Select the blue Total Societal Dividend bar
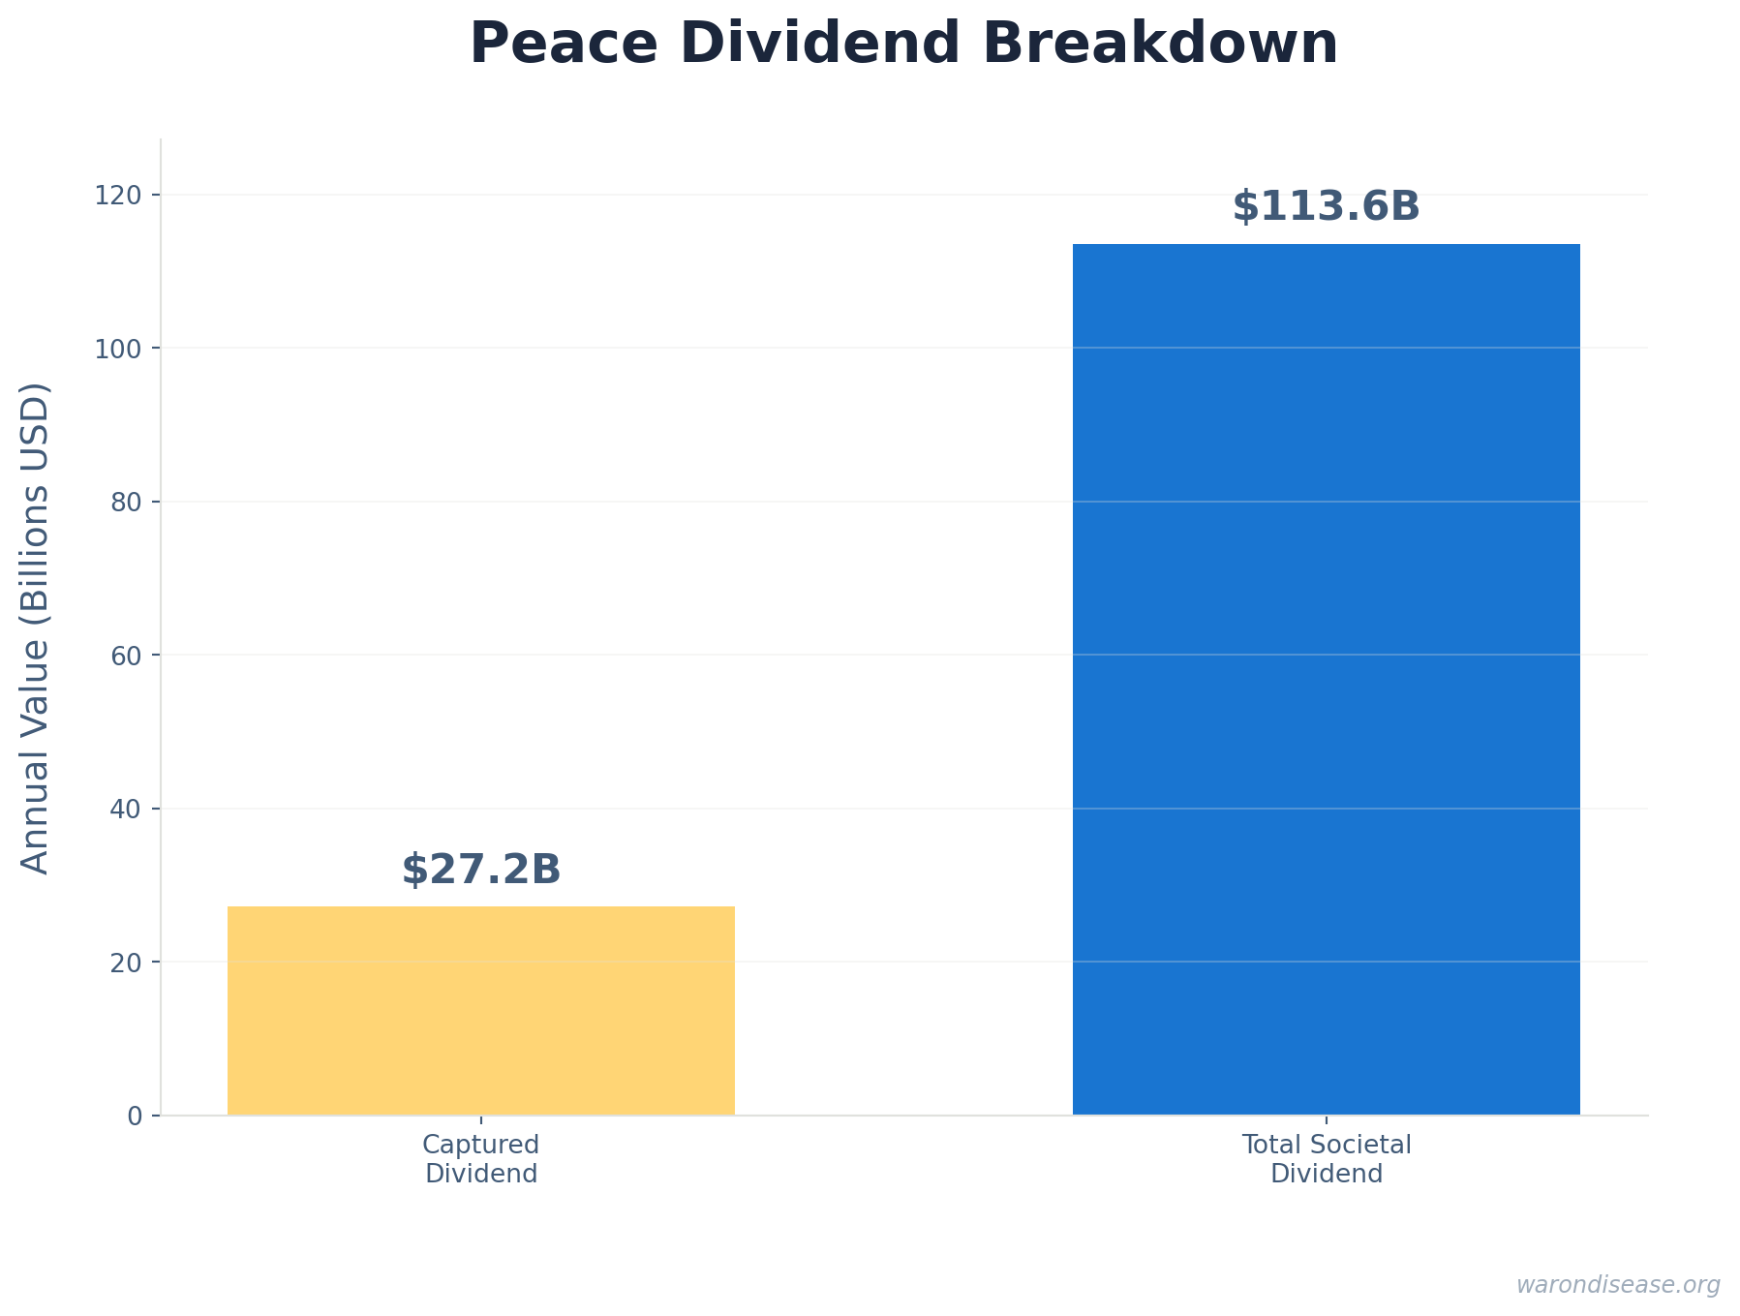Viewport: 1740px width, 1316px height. point(1326,679)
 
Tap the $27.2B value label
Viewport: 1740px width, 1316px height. point(481,870)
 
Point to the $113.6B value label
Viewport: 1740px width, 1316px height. point(1326,207)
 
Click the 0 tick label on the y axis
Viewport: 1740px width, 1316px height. point(135,1116)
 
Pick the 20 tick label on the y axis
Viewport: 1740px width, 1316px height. point(127,963)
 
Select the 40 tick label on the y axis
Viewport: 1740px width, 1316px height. point(127,809)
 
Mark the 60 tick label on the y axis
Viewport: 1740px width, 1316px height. point(127,656)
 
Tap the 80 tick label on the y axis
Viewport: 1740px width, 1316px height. point(127,502)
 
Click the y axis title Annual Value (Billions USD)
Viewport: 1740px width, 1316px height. point(35,628)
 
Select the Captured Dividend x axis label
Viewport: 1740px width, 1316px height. point(481,1159)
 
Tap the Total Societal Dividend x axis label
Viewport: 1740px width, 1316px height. point(1326,1159)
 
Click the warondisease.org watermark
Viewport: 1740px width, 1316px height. point(1617,1285)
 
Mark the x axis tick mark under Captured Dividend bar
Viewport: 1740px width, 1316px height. point(481,1120)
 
